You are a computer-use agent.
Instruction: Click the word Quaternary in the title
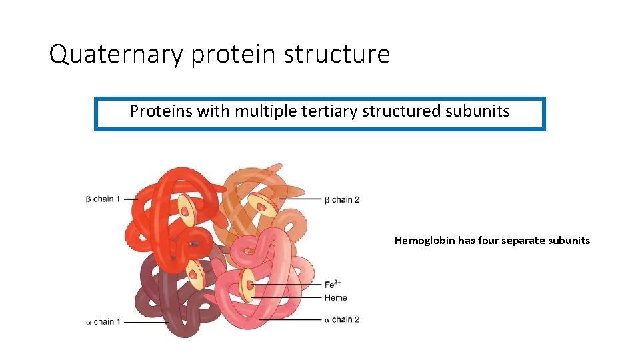(115, 54)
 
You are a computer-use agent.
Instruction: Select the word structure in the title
(337, 54)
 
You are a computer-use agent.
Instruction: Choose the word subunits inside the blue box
(476, 111)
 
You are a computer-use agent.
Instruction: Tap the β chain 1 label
(103, 199)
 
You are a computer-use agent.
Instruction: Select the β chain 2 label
(341, 199)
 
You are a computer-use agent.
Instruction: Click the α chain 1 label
(103, 321)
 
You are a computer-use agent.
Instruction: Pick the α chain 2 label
(341, 319)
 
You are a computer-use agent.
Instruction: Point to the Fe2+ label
(334, 285)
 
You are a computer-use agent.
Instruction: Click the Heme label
(335, 298)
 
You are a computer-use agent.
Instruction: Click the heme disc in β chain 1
(185, 210)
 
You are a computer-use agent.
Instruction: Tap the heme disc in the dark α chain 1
(195, 272)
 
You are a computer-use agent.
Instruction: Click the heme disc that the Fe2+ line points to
(248, 285)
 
